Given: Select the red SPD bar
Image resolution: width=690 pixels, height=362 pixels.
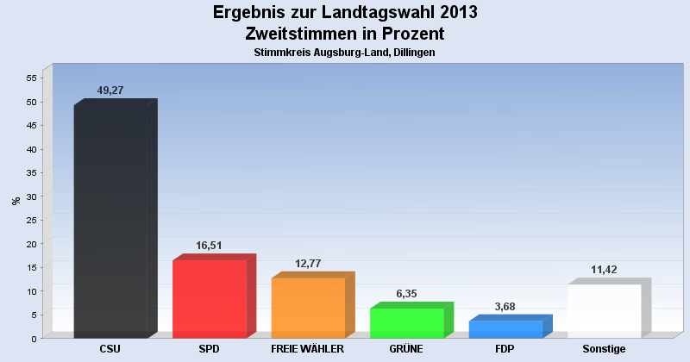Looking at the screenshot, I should (210, 298).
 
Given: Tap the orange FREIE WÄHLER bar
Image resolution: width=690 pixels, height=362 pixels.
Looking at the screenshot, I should (308, 307).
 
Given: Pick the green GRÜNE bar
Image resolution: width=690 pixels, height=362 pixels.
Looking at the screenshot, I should (406, 322).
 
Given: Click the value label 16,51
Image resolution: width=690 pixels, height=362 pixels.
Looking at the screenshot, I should (210, 246).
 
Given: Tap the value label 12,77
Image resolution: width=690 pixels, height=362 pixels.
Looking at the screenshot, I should (308, 263).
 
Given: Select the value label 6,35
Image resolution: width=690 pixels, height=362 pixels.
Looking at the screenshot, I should (407, 293).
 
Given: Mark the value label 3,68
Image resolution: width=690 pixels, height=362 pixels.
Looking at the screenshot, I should (505, 306).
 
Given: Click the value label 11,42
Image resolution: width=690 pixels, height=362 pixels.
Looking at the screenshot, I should (605, 270).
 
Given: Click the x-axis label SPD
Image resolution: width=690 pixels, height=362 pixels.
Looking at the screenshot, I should (210, 349).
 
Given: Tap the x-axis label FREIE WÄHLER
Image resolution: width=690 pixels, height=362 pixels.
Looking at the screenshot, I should (308, 349).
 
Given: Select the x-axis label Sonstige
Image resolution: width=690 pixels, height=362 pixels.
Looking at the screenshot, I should (604, 349).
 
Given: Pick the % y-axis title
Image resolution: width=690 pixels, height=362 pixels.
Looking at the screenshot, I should (16, 201).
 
